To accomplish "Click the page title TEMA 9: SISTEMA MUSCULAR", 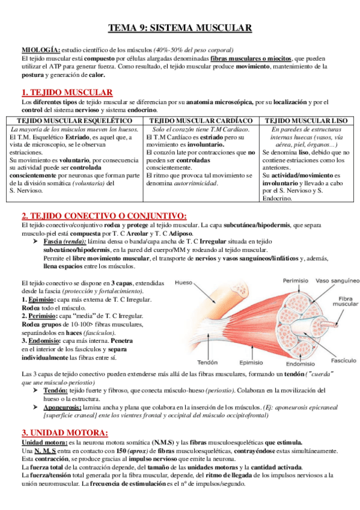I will pos(180,28).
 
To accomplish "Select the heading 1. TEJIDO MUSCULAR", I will pos(66,92).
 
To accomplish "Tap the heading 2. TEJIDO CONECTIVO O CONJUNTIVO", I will pos(103,216).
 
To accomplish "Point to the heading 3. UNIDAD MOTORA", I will pos(64,432).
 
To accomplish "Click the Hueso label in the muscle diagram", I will pos(183,281).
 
